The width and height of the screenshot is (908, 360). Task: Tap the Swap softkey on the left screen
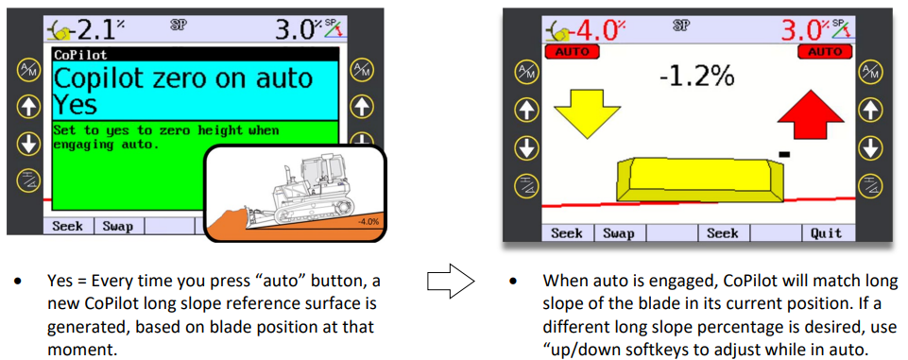(118, 226)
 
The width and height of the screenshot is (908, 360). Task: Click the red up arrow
(810, 113)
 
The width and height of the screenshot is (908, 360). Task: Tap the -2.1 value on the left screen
(95, 28)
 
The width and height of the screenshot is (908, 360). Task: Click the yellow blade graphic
(700, 180)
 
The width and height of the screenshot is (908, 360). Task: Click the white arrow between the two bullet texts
(451, 282)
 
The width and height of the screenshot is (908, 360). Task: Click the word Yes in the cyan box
(76, 105)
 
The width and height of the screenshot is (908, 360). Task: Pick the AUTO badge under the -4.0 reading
(573, 52)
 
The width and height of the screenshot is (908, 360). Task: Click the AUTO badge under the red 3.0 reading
(825, 52)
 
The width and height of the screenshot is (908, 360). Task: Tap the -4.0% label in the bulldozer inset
(368, 222)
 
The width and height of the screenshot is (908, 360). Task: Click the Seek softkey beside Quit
(723, 233)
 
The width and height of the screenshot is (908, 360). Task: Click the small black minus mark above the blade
(784, 154)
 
